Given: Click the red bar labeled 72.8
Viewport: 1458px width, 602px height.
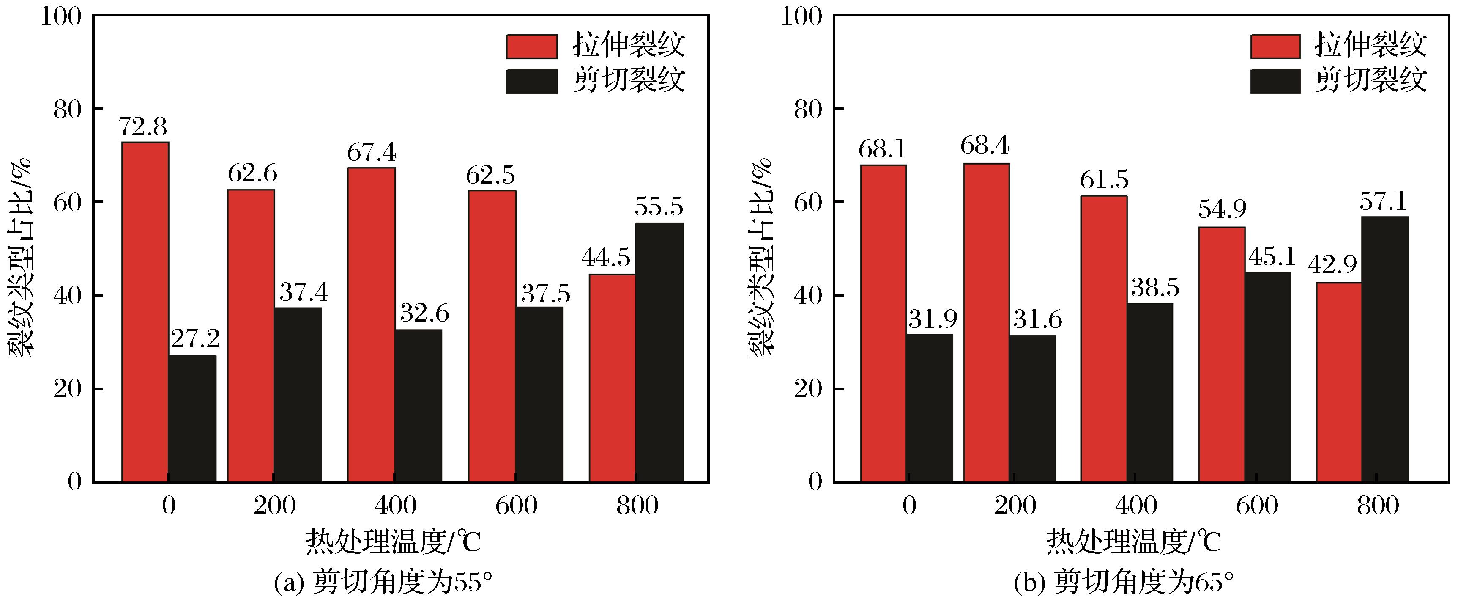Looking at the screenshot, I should pos(145,312).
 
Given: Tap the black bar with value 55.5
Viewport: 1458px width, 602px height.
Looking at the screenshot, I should pos(659,352).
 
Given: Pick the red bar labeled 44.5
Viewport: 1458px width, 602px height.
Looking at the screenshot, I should pos(613,378).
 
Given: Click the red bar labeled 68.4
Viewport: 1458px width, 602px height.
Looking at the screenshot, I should pos(986,323).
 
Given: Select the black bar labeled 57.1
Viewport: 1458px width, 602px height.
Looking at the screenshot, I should pos(1384,349).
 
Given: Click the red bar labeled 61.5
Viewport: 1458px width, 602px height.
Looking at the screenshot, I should pos(1104,339).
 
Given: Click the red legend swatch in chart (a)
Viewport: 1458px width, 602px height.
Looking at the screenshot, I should pos(531,47).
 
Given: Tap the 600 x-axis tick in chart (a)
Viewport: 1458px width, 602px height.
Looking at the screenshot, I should pos(516,506).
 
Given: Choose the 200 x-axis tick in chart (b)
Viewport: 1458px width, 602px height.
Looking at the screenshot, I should pos(1015,506).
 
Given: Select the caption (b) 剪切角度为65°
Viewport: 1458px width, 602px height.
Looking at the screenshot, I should pos(1124,582).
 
